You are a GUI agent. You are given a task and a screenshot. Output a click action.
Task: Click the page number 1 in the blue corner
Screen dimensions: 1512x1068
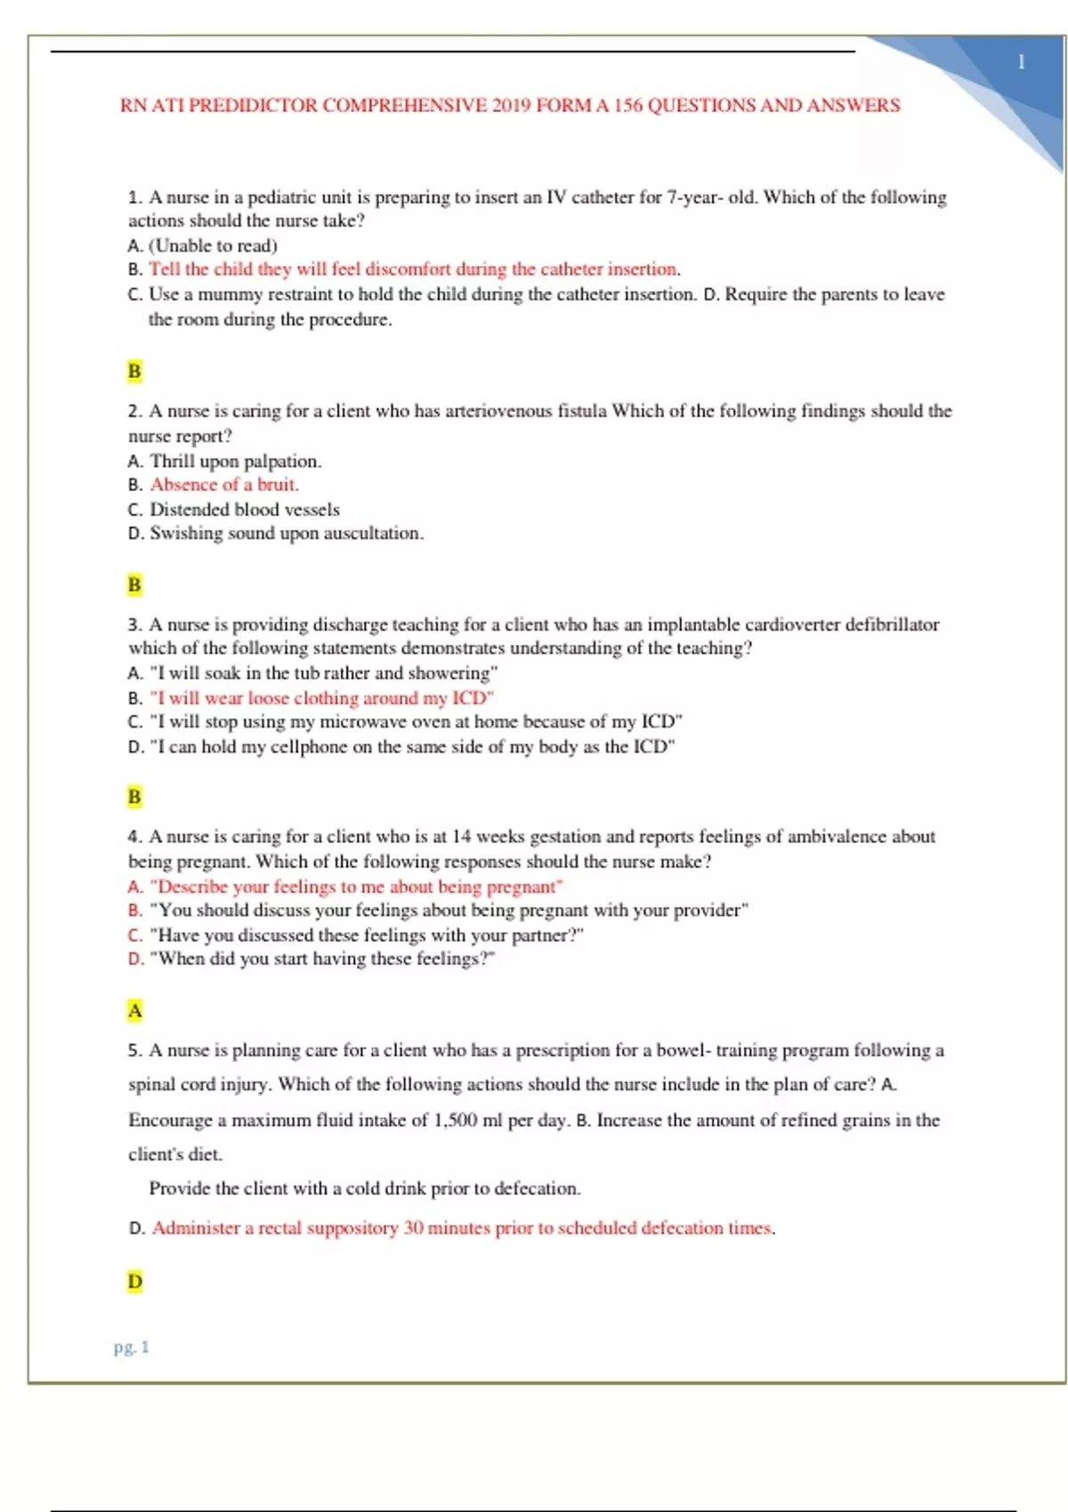(x=1022, y=62)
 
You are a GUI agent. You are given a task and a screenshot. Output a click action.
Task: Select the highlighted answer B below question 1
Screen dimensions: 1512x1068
(x=134, y=371)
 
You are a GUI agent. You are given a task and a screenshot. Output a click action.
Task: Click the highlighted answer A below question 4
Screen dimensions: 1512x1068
(x=134, y=1010)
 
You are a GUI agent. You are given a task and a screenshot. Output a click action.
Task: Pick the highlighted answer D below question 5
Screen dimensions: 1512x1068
(x=134, y=1282)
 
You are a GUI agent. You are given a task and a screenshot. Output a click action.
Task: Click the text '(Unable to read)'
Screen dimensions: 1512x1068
(x=213, y=245)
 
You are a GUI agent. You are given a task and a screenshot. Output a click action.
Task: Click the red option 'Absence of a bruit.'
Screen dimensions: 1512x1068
(x=224, y=485)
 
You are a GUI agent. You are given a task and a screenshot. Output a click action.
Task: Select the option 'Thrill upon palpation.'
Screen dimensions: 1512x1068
(x=236, y=461)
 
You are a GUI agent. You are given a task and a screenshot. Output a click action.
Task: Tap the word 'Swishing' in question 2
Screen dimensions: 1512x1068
(x=186, y=533)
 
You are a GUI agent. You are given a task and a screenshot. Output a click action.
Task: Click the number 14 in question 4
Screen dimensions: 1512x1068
(x=461, y=837)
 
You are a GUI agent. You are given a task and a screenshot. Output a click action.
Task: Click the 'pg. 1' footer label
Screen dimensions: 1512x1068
(x=132, y=1347)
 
